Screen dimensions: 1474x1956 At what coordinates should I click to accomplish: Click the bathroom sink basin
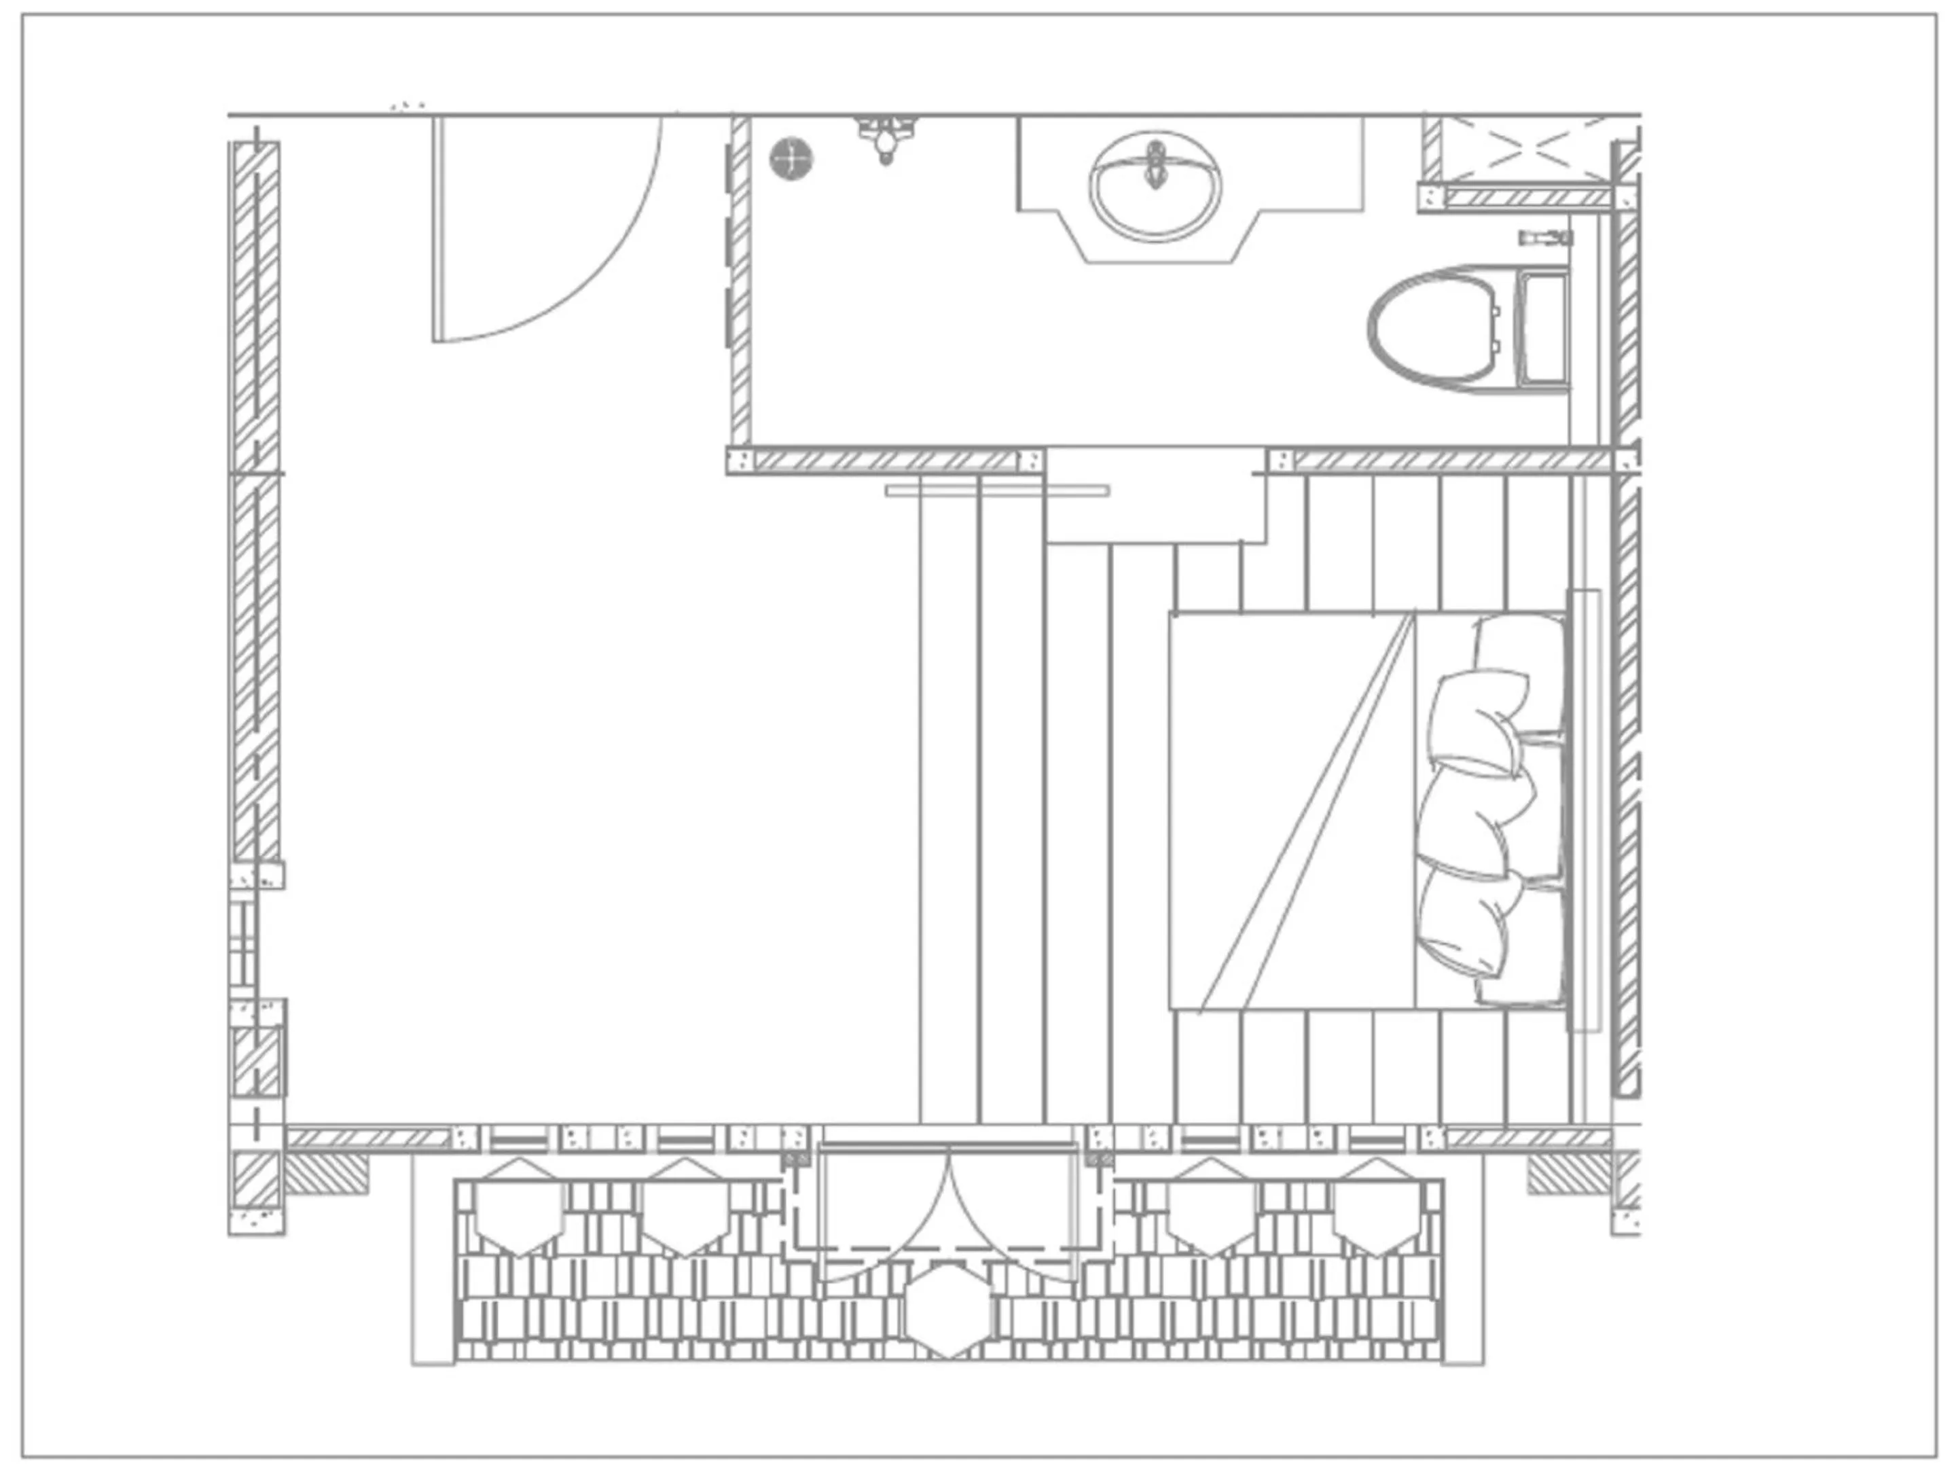(x=1156, y=190)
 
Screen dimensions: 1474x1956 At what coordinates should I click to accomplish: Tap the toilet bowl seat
(x=1437, y=329)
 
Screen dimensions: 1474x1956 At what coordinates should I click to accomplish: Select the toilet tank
(x=1543, y=329)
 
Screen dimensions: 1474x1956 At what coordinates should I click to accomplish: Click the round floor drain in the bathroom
(x=791, y=159)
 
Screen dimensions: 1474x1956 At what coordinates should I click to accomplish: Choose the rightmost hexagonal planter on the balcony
(x=1377, y=1207)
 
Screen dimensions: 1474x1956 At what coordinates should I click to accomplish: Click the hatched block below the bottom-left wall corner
(x=325, y=1173)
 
